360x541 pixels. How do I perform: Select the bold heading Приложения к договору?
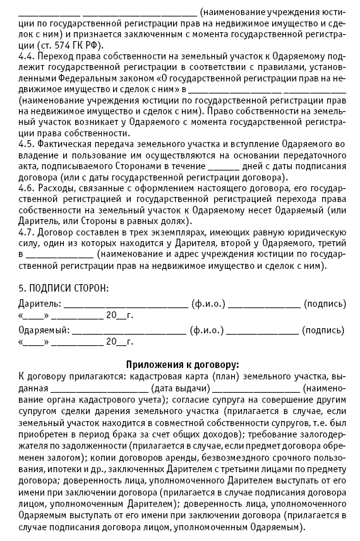click(183, 364)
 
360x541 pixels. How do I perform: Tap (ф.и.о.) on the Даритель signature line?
click(208, 304)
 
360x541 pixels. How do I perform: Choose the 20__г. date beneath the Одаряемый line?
click(120, 342)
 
